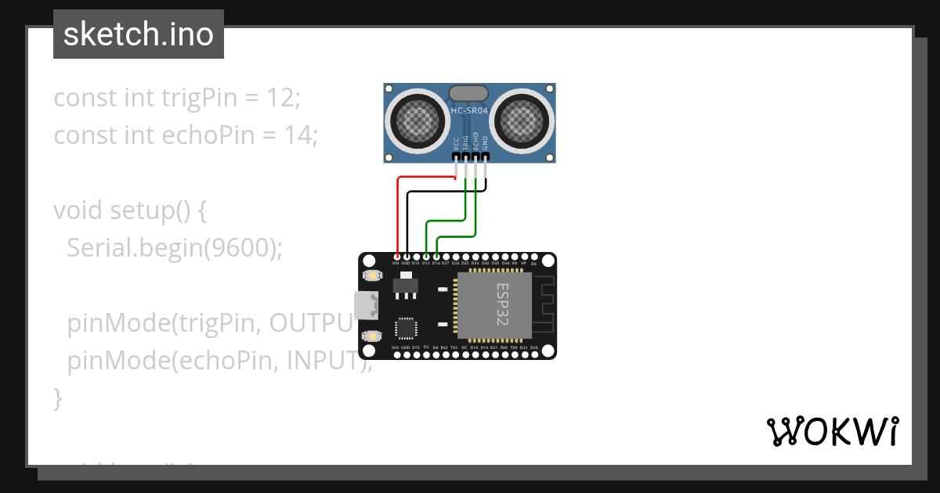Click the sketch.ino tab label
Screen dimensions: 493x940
pos(138,34)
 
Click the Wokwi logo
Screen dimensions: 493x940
pos(832,431)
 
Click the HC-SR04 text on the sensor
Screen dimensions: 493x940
pos(469,111)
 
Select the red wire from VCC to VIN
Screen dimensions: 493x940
pos(398,211)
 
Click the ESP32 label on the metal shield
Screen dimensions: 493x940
pos(502,304)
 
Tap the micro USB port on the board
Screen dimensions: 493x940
pos(364,305)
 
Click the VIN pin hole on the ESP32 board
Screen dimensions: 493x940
pos(397,256)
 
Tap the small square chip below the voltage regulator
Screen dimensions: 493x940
pos(406,326)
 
